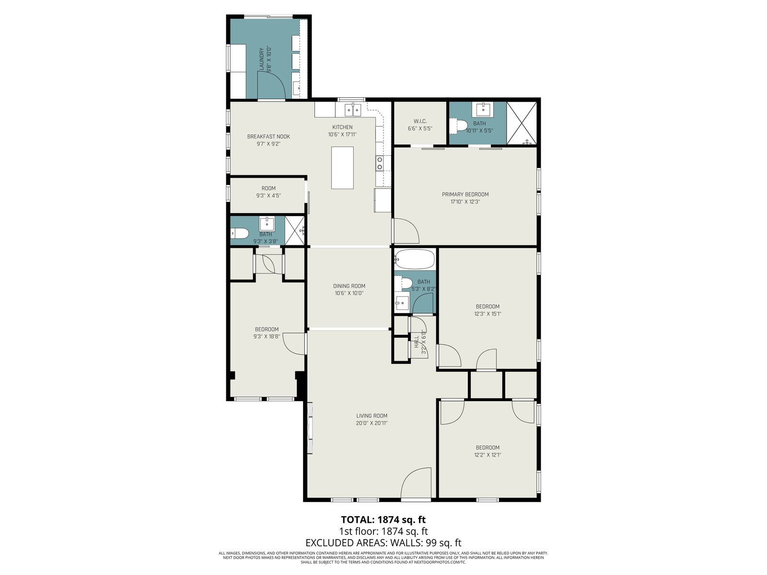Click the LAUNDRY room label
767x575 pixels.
[x=261, y=60]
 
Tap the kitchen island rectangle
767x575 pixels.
[x=342, y=168]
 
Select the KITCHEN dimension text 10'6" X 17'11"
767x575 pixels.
[x=342, y=135]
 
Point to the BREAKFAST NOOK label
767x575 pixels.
[x=268, y=137]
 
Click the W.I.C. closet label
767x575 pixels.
[x=419, y=121]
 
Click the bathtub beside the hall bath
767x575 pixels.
[x=415, y=259]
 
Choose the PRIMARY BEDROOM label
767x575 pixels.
[x=465, y=195]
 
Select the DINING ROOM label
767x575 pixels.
[x=349, y=286]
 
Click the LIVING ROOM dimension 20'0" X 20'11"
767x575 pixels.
[x=372, y=423]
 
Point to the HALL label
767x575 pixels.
[x=417, y=342]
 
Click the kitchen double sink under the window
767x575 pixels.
[x=353, y=110]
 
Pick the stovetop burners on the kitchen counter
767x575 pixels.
[x=380, y=163]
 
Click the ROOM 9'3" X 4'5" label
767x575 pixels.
[x=268, y=192]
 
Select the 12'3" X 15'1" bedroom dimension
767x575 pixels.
[x=488, y=314]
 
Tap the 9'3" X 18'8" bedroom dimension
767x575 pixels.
[x=267, y=336]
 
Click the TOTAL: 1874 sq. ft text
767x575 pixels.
[x=383, y=519]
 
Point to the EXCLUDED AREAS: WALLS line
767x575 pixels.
[x=383, y=542]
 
